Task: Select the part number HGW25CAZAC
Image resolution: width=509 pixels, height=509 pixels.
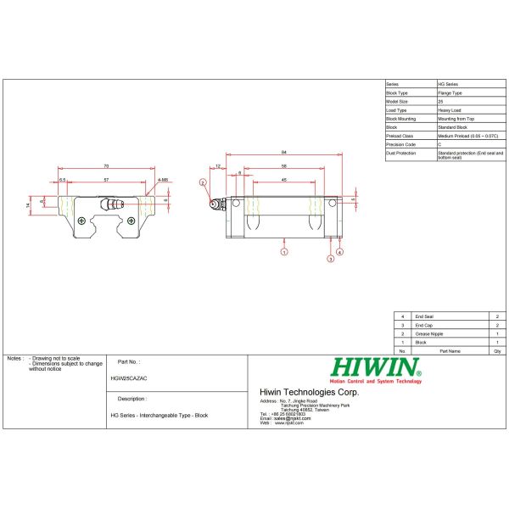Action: [128, 378]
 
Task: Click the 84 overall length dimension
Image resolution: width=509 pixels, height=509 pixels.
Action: [282, 153]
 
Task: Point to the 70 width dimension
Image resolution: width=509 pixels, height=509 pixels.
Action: [106, 165]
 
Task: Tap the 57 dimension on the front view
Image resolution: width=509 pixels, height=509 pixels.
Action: [105, 181]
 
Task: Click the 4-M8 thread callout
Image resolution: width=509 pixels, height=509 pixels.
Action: [163, 181]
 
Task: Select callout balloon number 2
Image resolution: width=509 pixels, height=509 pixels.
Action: [203, 182]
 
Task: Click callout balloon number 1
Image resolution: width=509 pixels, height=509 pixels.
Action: [284, 252]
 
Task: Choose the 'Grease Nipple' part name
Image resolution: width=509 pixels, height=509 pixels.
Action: [428, 333]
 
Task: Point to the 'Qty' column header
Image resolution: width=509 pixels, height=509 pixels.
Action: [496, 350]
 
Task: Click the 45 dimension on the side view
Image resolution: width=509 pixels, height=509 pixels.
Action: [283, 181]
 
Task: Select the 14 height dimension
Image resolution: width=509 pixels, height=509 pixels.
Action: [27, 205]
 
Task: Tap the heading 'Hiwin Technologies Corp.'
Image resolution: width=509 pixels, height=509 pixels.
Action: [309, 392]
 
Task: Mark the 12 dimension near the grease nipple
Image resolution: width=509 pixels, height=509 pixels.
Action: [218, 167]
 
